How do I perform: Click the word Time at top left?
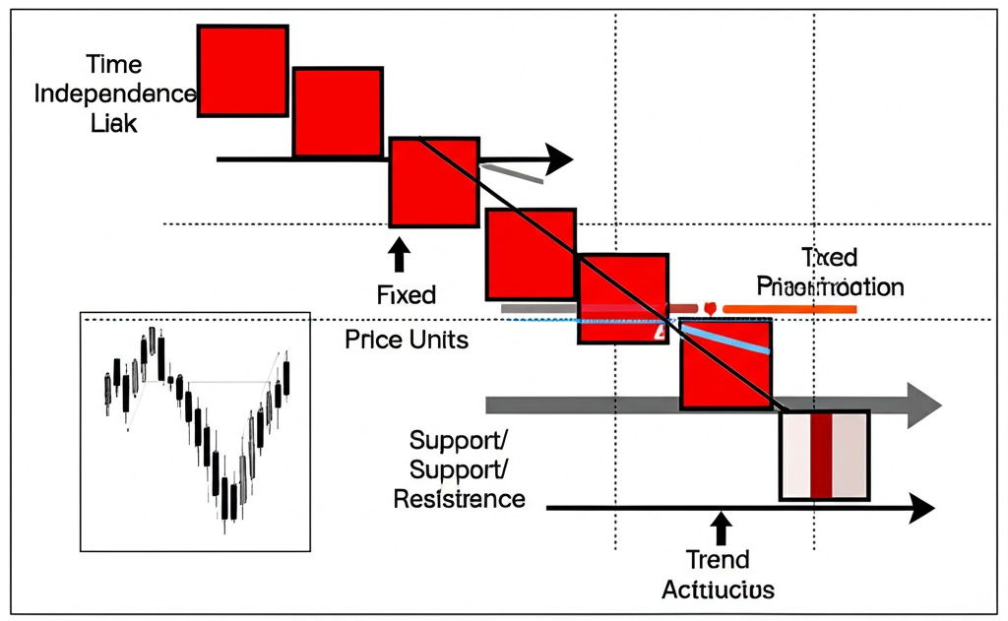pos(113,65)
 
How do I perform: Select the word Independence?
pos(115,94)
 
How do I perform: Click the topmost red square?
pos(242,69)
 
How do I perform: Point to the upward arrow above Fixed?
pos(399,253)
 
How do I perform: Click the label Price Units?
pos(407,341)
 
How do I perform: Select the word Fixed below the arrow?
pos(406,294)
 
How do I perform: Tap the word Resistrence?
pos(459,499)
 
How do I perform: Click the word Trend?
pos(719,560)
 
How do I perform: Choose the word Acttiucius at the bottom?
pos(718,590)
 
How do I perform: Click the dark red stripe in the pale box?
pos(821,455)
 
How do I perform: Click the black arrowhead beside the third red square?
pos(558,158)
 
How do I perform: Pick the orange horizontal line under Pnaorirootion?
pos(787,309)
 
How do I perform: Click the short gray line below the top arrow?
pos(511,173)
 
